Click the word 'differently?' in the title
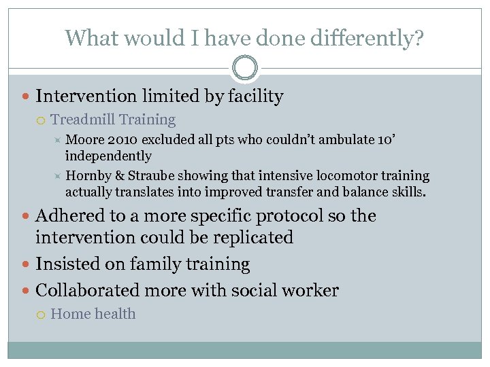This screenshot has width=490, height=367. (367, 38)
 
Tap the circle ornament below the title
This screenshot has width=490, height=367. (245, 68)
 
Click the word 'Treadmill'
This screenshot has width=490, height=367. (82, 120)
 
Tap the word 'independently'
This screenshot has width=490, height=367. (108, 156)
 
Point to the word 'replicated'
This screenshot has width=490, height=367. (252, 238)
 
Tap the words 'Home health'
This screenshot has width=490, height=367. (93, 314)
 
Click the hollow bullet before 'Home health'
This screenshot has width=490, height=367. (42, 315)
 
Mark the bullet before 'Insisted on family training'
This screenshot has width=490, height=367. (26, 264)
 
